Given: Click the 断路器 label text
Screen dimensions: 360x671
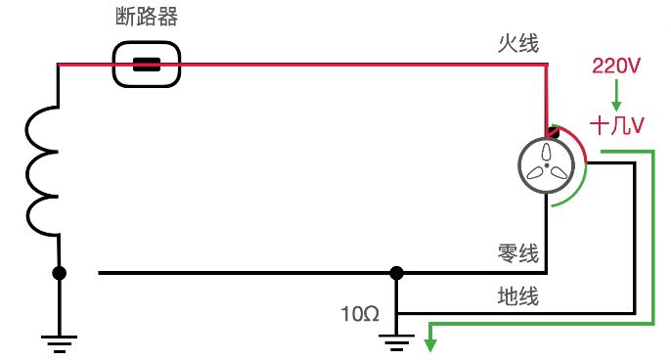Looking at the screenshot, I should tap(147, 18).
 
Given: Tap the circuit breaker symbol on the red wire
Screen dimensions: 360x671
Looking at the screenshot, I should tap(147, 66).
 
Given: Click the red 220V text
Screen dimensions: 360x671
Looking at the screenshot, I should tap(616, 67).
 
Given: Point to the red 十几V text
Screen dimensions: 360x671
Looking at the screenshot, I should tap(617, 125).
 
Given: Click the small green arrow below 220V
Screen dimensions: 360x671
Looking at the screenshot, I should tap(616, 96).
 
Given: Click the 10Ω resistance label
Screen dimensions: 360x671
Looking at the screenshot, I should tap(359, 314).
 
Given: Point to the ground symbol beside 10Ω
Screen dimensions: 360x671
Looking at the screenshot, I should tap(396, 342).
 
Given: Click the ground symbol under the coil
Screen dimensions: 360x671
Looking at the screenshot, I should tap(59, 342).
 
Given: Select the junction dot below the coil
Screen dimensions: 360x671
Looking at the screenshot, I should tap(59, 273).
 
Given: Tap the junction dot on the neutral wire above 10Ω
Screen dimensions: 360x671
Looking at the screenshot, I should tap(396, 273).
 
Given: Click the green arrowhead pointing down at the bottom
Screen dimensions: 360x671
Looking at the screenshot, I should tap(430, 342).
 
